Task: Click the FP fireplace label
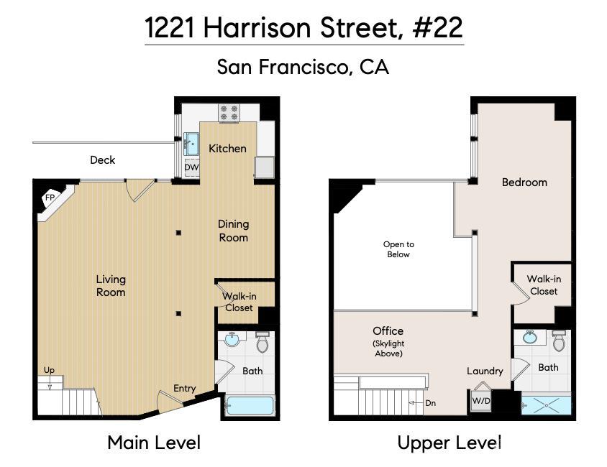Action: pos(50,198)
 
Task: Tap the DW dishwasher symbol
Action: pos(191,168)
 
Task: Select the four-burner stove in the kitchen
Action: pos(229,113)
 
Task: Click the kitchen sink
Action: pos(191,144)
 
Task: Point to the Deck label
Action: pos(103,160)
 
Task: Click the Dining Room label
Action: pos(234,231)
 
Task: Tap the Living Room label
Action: pos(111,286)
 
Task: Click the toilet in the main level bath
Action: pos(263,342)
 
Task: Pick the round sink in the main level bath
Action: pos(232,340)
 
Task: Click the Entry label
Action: pos(184,389)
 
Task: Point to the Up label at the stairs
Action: pos(49,370)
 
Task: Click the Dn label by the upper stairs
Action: pos(431,403)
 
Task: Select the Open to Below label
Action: pos(398,249)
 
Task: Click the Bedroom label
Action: pos(524,182)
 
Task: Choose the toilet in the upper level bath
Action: pos(559,341)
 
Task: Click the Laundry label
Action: pos(485,371)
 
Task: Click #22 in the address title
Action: pos(437,28)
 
